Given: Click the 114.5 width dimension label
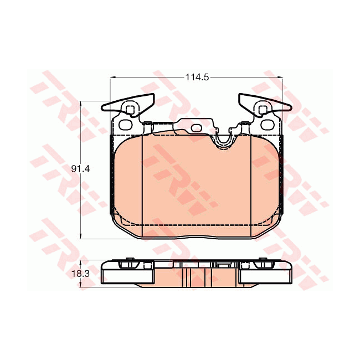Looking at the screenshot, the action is [x=197, y=78].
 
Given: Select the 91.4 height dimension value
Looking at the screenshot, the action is [x=80, y=169].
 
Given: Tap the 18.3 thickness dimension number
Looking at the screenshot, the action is [x=80, y=274].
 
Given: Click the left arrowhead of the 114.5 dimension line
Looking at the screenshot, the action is [x=113, y=78].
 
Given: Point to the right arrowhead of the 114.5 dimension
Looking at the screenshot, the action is [x=280, y=78].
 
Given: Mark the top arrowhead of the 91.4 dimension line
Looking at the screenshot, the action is [x=80, y=104].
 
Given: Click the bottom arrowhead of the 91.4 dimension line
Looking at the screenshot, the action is [x=80, y=236].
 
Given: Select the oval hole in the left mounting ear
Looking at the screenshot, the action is [x=126, y=125].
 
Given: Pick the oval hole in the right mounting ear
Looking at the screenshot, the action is [x=268, y=125].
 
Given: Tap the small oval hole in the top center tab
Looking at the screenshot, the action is [x=196, y=128].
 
